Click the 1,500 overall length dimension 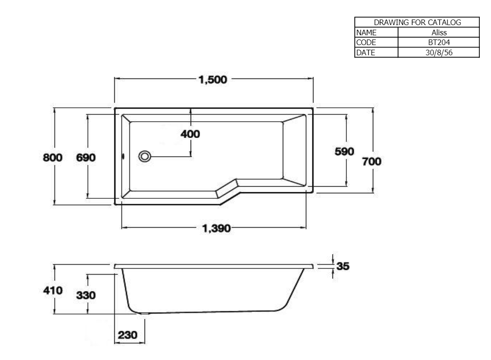(x=213, y=80)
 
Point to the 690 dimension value (x=86, y=158)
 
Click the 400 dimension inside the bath (x=190, y=134)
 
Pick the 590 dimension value (x=345, y=152)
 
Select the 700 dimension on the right (x=372, y=162)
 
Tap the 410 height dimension (x=53, y=291)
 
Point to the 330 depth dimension (x=86, y=295)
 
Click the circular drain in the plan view (x=145, y=157)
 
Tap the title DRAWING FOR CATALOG (x=417, y=22)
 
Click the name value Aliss (x=438, y=33)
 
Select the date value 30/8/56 (x=438, y=52)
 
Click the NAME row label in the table (x=366, y=33)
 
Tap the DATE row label (x=365, y=52)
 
